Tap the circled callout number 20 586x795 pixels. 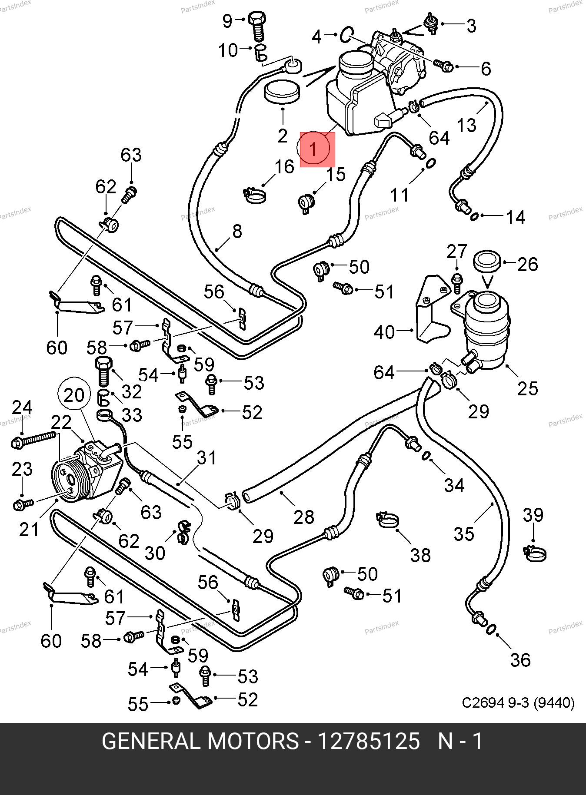(x=74, y=395)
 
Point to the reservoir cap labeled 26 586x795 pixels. (x=487, y=262)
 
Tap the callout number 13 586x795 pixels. (x=466, y=125)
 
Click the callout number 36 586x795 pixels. (x=520, y=660)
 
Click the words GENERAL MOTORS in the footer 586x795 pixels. (x=200, y=742)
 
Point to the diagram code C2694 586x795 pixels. (x=483, y=702)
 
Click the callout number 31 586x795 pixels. (x=206, y=457)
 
